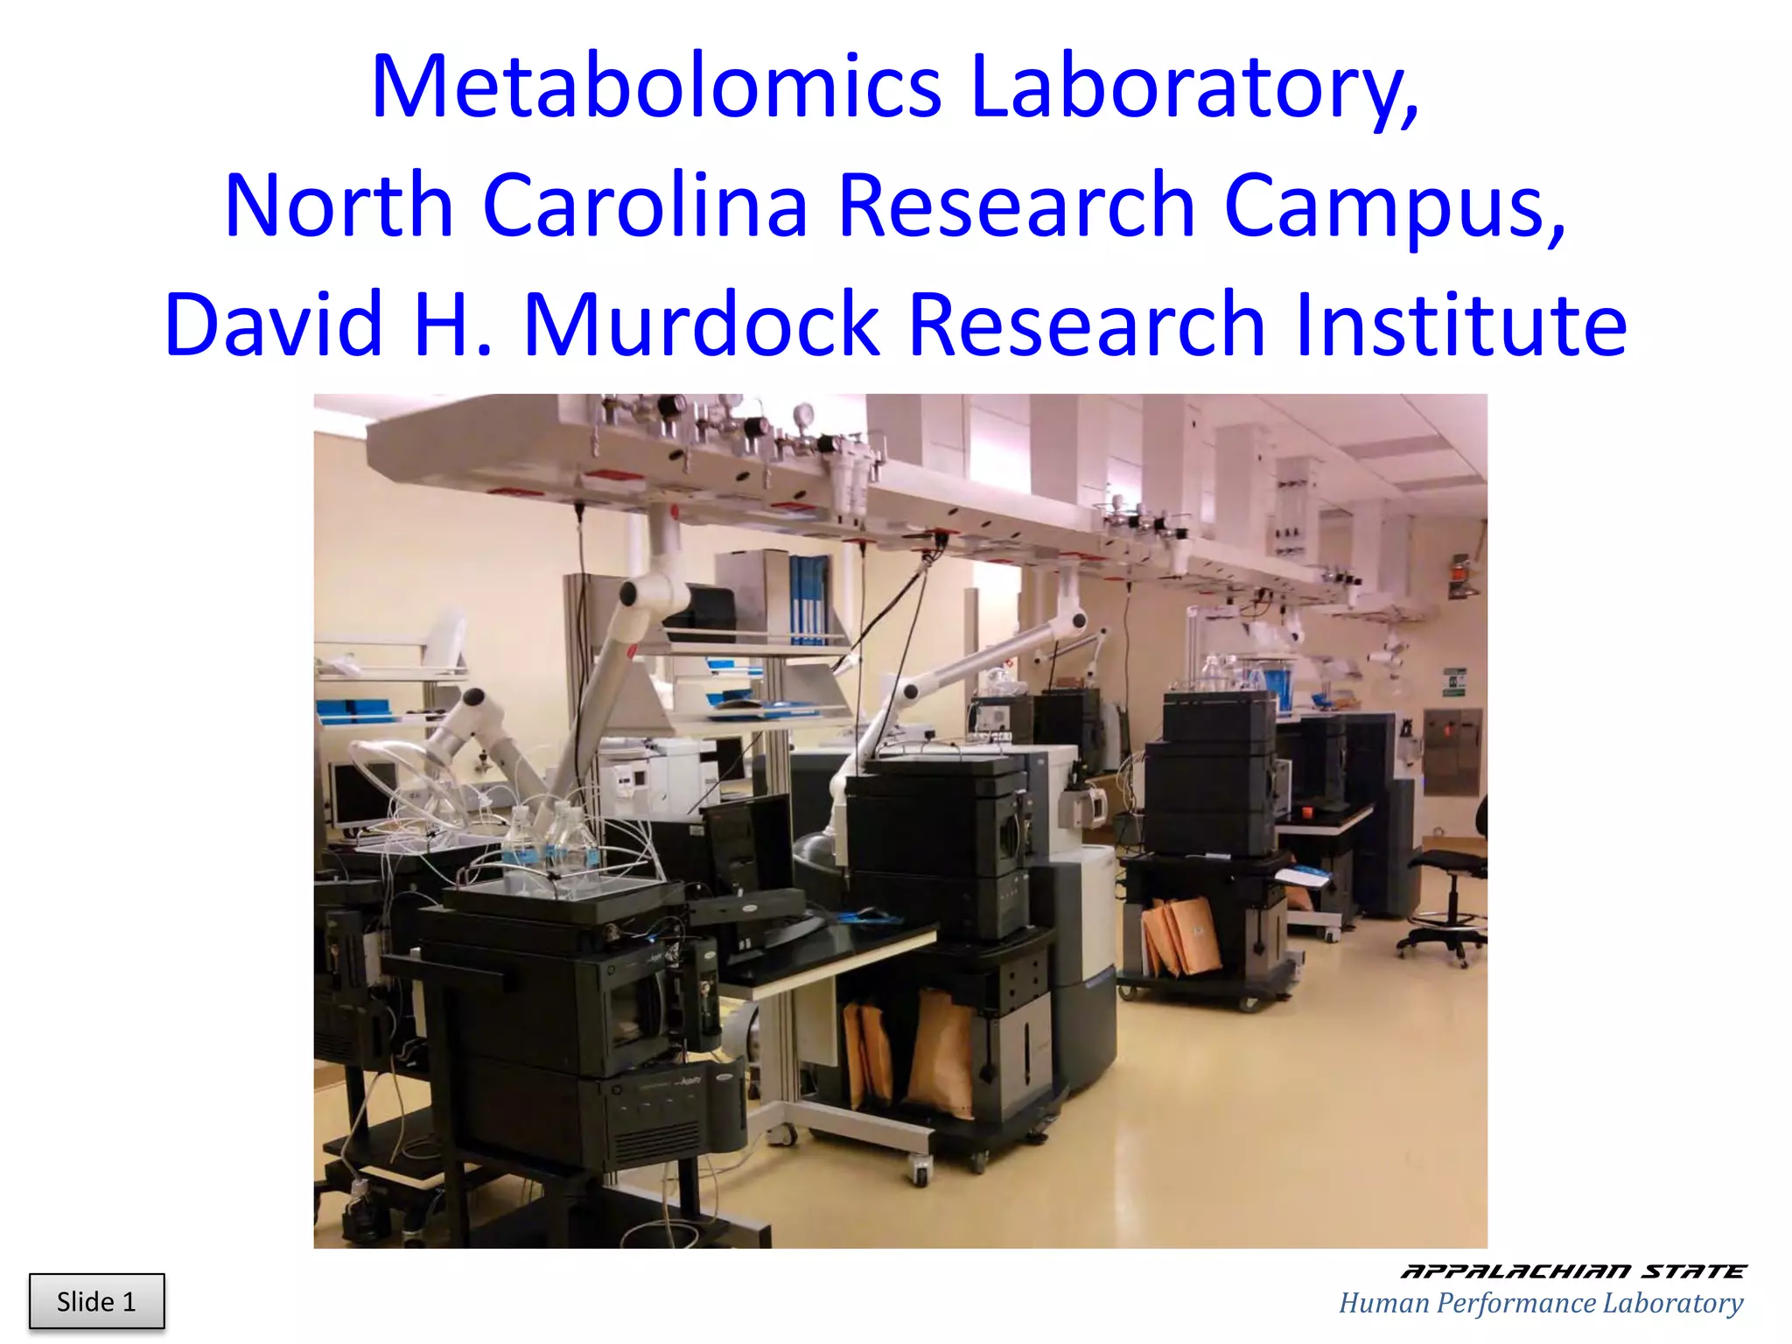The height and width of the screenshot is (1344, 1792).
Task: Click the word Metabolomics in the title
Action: coord(656,87)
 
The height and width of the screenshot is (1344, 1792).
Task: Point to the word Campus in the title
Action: coord(1391,206)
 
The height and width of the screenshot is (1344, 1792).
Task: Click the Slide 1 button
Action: coord(96,1301)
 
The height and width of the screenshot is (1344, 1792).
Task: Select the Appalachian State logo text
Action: coord(1572,1271)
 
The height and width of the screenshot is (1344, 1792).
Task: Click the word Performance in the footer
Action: coord(1514,1303)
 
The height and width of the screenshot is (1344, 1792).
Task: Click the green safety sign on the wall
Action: coord(1453,682)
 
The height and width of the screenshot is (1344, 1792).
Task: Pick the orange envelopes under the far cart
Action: coord(1181,936)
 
